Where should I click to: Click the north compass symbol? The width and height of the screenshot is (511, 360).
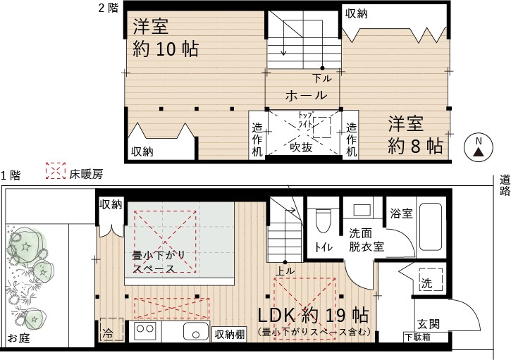478,147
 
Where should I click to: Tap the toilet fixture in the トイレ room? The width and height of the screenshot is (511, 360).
324,221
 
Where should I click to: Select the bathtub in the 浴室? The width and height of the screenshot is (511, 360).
430,227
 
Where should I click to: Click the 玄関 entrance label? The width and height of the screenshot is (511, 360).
429,324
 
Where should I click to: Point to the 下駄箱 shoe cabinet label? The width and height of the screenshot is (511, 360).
417,337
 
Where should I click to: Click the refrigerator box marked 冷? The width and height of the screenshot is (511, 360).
112,330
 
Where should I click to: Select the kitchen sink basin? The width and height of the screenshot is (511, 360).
196,331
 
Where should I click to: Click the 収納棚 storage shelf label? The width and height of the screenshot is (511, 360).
230,334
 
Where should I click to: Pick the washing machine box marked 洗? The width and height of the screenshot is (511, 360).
431,280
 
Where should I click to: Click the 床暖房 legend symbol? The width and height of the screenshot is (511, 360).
56,170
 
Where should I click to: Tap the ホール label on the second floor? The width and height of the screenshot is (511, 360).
306,95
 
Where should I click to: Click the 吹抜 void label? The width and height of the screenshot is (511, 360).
302,147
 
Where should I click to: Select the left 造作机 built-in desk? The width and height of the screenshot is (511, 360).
257,135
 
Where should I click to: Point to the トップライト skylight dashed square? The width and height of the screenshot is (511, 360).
321,127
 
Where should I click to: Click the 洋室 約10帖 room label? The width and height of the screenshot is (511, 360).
166,38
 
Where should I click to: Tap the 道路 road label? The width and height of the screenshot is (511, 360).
505,186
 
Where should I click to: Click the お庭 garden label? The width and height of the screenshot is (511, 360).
18,338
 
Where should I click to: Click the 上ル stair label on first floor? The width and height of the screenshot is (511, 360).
285,271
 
